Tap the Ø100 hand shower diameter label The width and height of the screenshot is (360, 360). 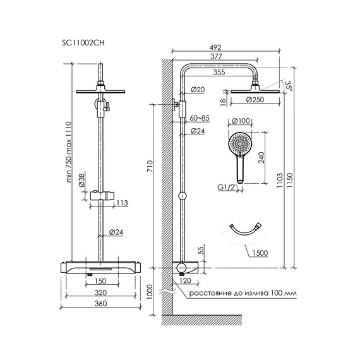[243, 121]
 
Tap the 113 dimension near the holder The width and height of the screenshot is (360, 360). [123, 203]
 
